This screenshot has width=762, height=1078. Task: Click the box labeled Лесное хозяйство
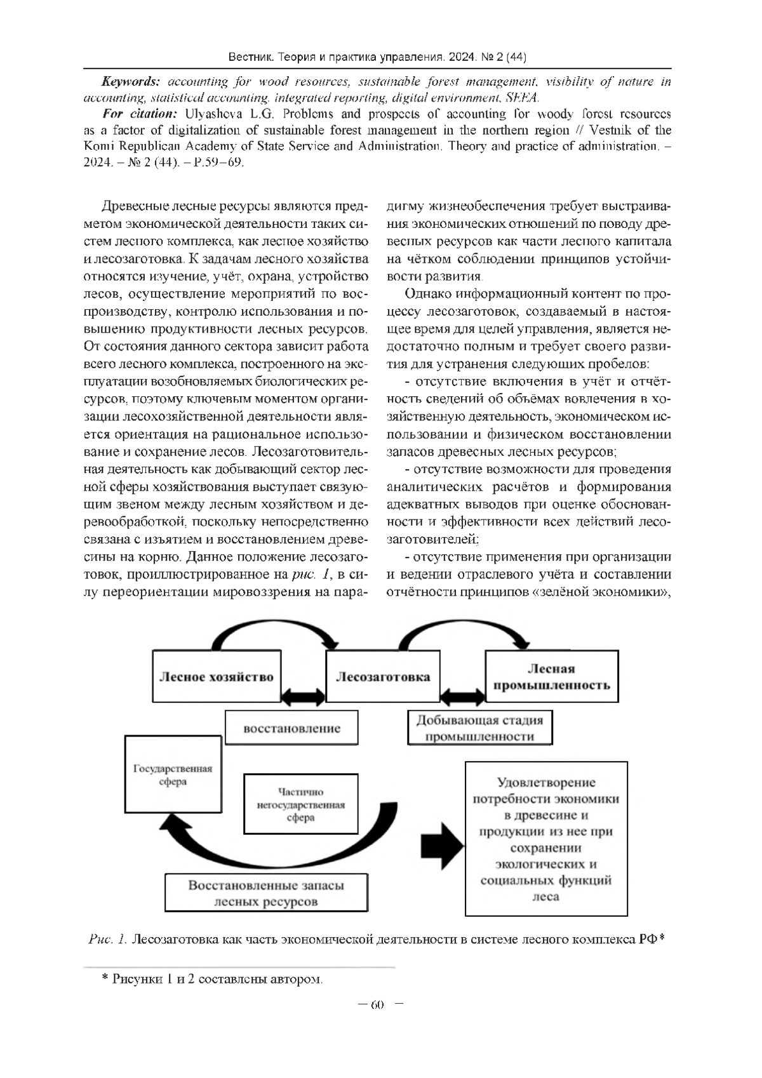coord(216,675)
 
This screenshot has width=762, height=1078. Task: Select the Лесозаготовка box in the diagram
coord(382,676)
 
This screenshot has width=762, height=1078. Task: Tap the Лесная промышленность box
coord(551,676)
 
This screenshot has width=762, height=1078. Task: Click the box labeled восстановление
coord(291,728)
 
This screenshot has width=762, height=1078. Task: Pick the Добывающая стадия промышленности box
coord(479,728)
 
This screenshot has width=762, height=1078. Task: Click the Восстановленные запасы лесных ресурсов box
coord(266,893)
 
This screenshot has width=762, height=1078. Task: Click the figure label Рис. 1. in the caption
coord(109,940)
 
